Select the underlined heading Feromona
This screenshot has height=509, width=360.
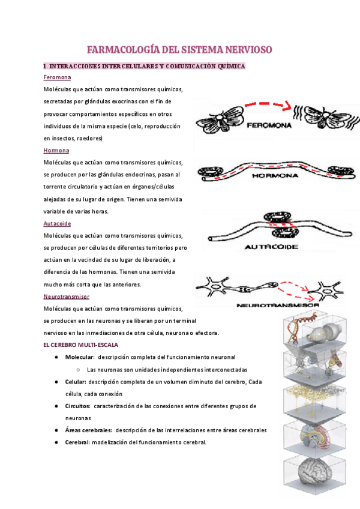(x=57, y=77)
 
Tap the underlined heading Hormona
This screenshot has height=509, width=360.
(x=56, y=150)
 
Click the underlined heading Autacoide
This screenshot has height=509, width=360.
(x=57, y=223)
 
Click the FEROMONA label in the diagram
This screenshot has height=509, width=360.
(x=268, y=126)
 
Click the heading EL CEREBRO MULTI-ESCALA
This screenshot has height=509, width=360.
(x=81, y=345)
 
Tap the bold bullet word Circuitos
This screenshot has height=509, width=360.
(x=78, y=406)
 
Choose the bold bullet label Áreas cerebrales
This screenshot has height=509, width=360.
(x=89, y=430)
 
